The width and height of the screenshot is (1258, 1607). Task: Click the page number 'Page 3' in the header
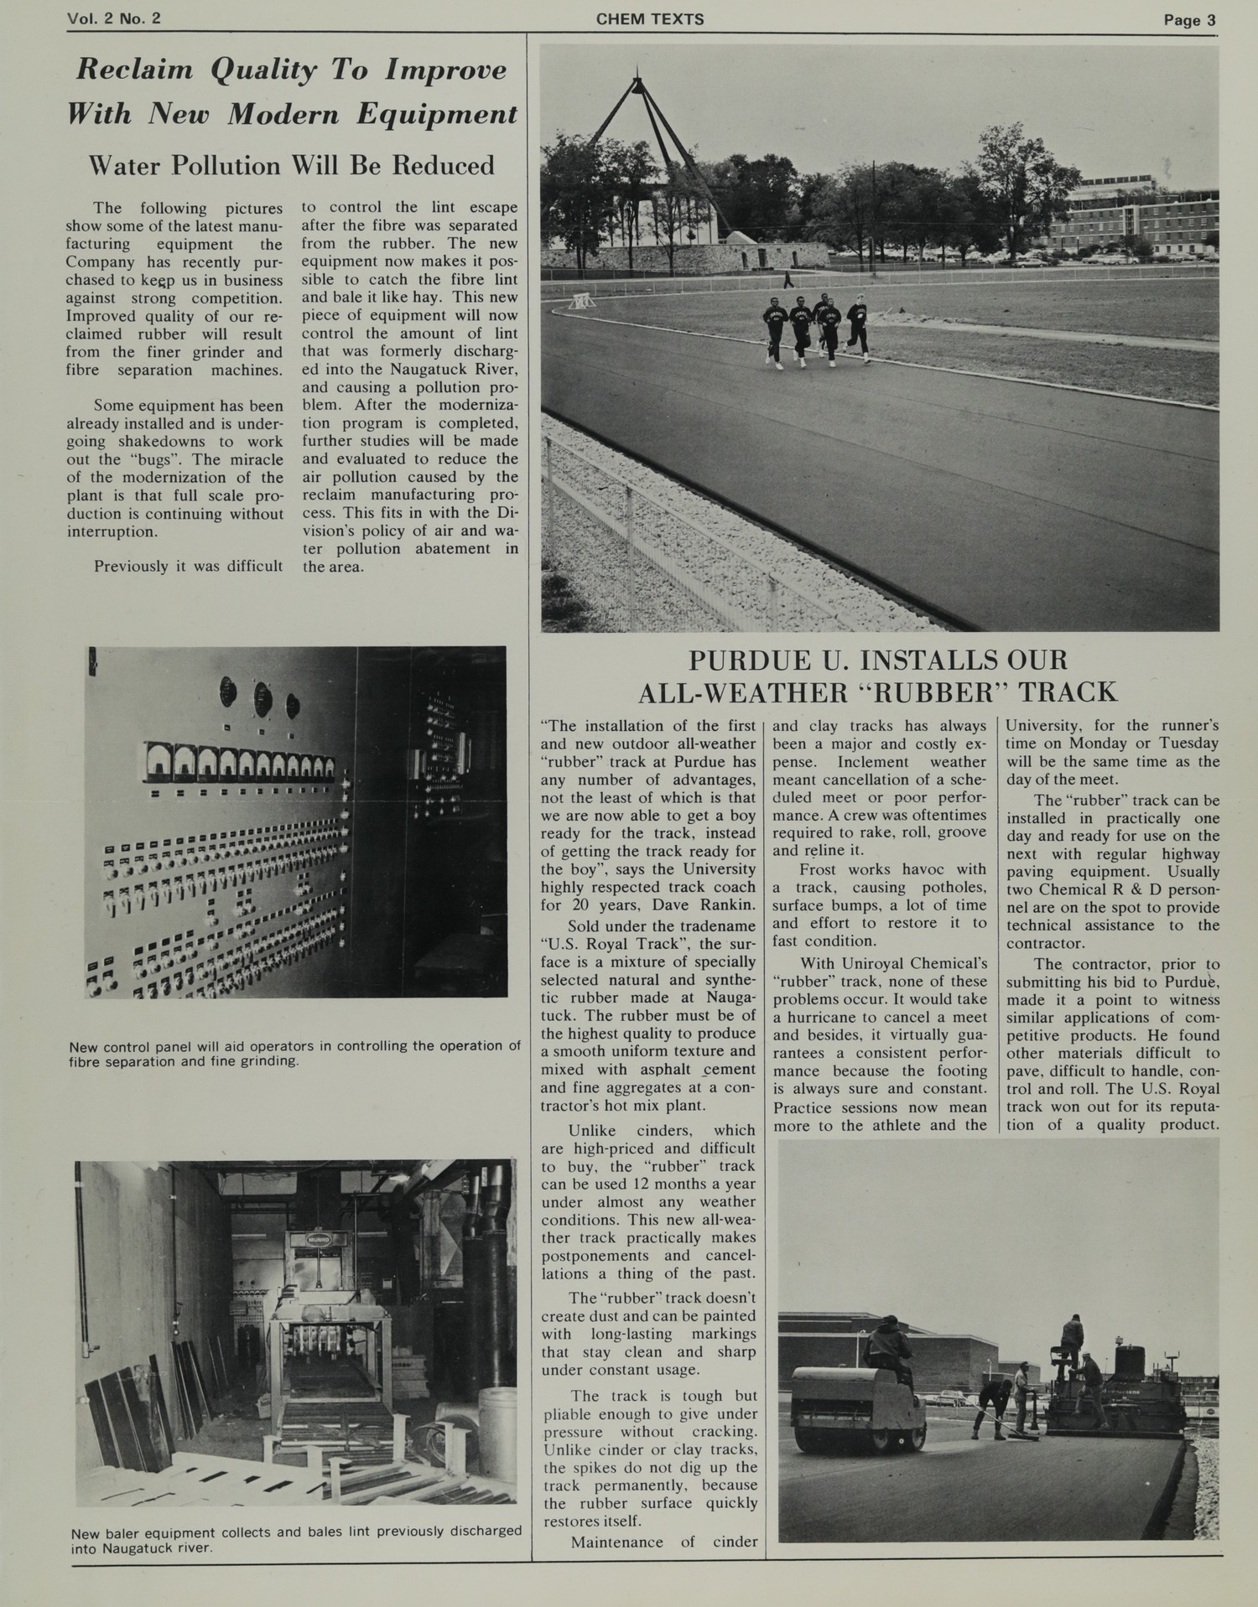(x=1188, y=20)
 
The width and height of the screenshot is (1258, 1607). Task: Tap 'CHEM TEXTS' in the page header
(x=650, y=19)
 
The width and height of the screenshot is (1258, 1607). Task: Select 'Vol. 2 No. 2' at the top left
(x=114, y=19)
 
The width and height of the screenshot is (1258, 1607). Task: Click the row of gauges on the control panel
(x=239, y=759)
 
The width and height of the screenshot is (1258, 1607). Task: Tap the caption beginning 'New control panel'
(x=294, y=1053)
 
